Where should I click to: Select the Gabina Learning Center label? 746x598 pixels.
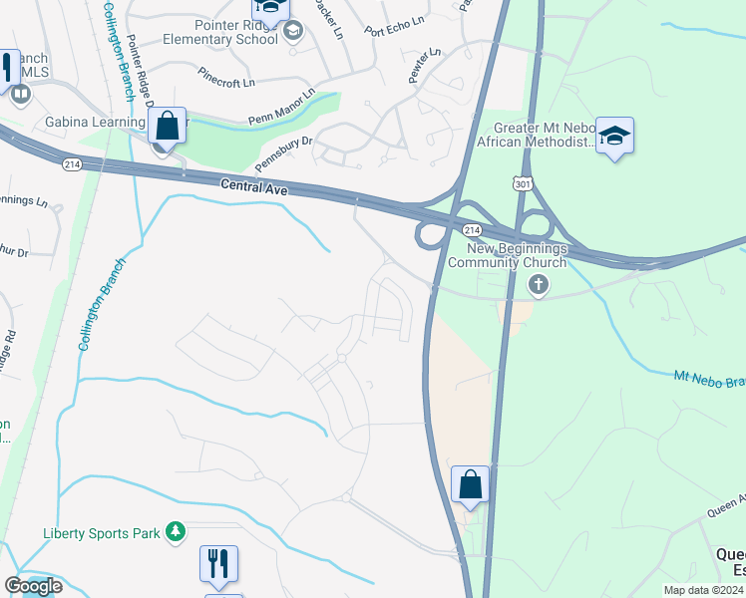[x=96, y=122]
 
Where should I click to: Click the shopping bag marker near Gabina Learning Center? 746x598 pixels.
[x=167, y=127]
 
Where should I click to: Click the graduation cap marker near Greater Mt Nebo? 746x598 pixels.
[x=614, y=137]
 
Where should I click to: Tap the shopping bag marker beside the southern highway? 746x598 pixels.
[x=471, y=485]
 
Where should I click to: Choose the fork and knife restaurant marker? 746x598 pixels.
[x=218, y=564]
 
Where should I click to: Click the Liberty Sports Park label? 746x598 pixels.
[x=102, y=533]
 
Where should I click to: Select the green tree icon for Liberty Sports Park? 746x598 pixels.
[x=176, y=533]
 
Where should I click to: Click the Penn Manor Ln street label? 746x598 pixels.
[x=281, y=108]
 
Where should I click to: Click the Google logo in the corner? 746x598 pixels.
[x=33, y=587]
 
